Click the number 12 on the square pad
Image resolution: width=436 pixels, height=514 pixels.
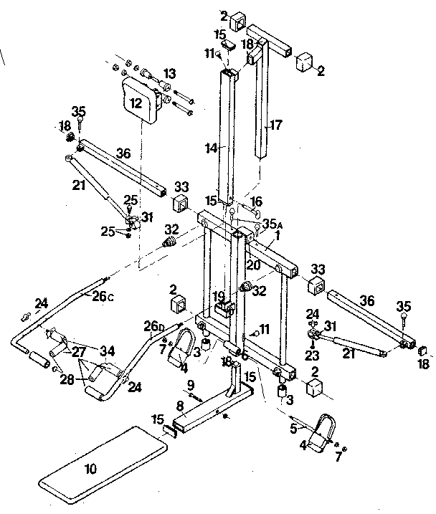(x=136, y=103)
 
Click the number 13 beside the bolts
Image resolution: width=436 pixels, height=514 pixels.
(x=169, y=74)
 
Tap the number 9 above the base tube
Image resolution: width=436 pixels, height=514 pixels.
(x=190, y=385)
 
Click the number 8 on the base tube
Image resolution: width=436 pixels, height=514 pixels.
(x=180, y=406)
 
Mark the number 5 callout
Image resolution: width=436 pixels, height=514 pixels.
(x=293, y=430)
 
